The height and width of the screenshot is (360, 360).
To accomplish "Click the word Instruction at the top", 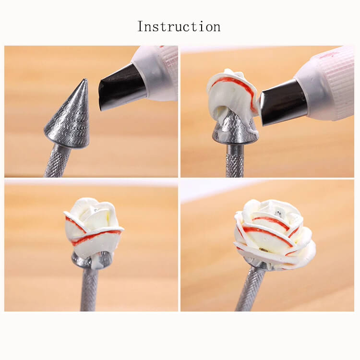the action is tap(179, 26).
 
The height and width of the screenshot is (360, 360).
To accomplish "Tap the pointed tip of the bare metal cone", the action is tap(86, 79).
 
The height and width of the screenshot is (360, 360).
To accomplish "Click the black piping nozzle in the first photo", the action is tap(122, 87).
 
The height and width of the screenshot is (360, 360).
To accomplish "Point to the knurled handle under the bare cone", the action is tap(56, 161).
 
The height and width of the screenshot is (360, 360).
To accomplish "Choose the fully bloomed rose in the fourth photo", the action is tap(275, 235).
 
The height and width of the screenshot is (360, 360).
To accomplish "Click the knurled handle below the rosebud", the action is tap(90, 289).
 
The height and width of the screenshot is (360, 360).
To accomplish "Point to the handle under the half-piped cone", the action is tap(235, 161).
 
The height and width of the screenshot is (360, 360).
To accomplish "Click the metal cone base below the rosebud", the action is tap(91, 260).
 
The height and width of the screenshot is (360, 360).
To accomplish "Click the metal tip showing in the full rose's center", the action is tap(278, 213).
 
